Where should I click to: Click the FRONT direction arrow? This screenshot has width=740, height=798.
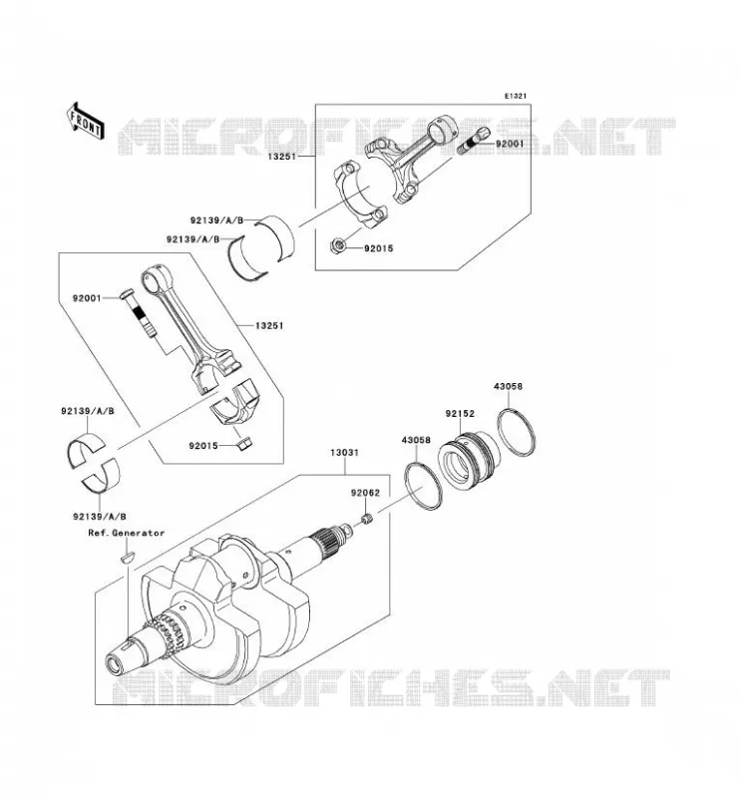[x=86, y=120]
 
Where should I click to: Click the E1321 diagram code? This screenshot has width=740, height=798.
[x=515, y=96]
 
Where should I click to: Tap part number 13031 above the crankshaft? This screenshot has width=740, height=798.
[x=344, y=453]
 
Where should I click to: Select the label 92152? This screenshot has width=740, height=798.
[x=460, y=414]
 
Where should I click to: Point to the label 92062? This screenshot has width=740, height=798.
[x=365, y=493]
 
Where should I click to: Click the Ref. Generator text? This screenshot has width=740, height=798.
[x=127, y=533]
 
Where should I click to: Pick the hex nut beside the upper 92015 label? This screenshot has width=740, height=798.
[x=339, y=244]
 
